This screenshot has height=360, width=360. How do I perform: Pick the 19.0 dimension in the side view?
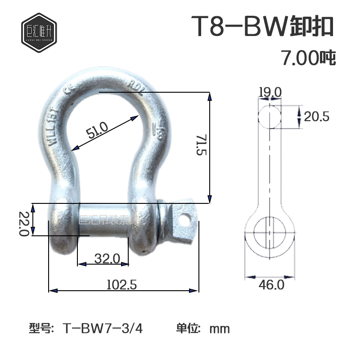[x=270, y=92]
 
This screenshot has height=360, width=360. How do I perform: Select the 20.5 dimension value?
[x=317, y=117]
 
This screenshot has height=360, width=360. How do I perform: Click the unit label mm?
[x=220, y=328]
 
